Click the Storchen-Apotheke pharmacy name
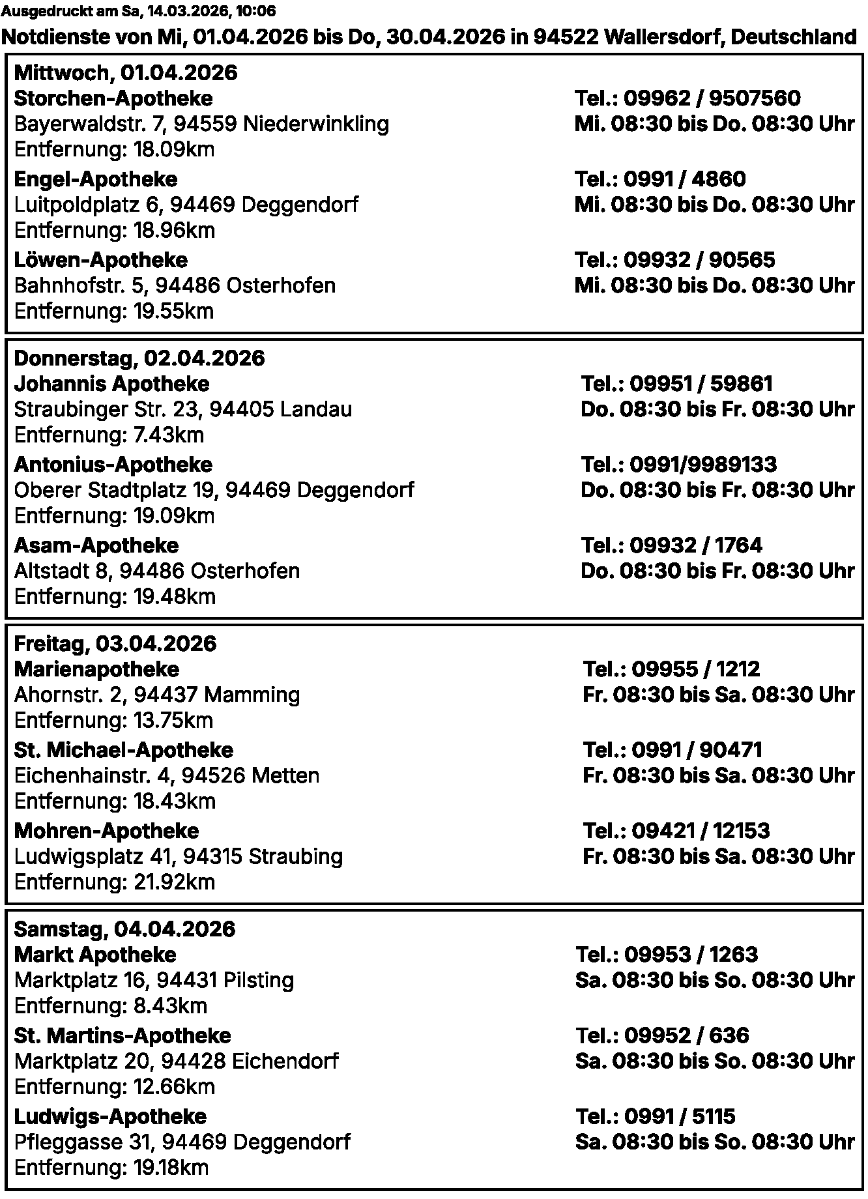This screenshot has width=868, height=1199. pyautogui.click(x=113, y=98)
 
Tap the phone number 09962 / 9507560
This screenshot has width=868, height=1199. pyautogui.click(x=687, y=98)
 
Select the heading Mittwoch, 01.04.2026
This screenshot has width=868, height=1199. pyautogui.click(x=125, y=72)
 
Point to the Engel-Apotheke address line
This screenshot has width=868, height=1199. pyautogui.click(x=186, y=205)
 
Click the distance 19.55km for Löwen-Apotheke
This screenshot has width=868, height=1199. pyautogui.click(x=114, y=311)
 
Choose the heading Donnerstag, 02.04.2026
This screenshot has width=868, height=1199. pyautogui.click(x=139, y=358)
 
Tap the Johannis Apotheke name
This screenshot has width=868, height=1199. pyautogui.click(x=111, y=384)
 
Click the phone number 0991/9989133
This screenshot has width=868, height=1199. pyautogui.click(x=678, y=465)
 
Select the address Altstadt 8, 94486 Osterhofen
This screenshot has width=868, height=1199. pyautogui.click(x=156, y=571)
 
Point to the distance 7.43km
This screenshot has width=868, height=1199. pyautogui.click(x=109, y=435)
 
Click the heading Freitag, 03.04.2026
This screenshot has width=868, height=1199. pyautogui.click(x=115, y=643)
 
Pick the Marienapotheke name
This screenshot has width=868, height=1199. pyautogui.click(x=96, y=669)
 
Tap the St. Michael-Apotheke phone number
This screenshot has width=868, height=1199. pyautogui.click(x=672, y=750)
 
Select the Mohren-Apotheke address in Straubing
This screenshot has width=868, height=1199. pyautogui.click(x=178, y=856)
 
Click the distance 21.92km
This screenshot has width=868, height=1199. pyautogui.click(x=114, y=882)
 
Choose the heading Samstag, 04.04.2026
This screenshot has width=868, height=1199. pyautogui.click(x=124, y=929)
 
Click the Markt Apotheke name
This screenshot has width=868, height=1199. pyautogui.click(x=95, y=955)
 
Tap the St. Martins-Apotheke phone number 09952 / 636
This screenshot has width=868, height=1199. pyautogui.click(x=662, y=1035)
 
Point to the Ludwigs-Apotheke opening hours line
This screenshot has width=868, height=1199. pyautogui.click(x=714, y=1142)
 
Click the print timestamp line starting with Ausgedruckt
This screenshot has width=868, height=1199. pyautogui.click(x=138, y=11)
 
